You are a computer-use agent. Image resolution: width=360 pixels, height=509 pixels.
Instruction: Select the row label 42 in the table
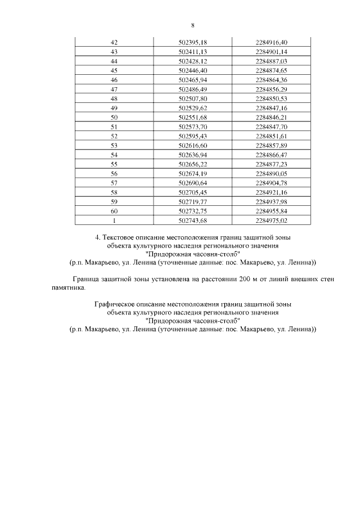tap(114, 43)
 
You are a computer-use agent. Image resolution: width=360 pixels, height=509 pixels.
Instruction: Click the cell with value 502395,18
tap(193, 43)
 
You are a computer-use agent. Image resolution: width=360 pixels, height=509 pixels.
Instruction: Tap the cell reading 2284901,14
tap(271, 52)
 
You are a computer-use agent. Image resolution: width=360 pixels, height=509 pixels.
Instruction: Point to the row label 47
tap(114, 89)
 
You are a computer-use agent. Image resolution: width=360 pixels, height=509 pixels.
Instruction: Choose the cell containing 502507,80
tap(193, 98)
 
